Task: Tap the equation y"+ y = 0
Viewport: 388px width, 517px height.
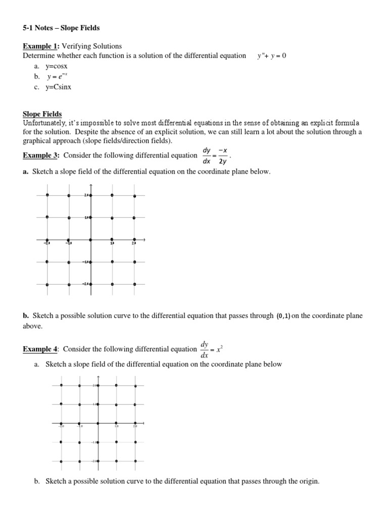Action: [271, 56]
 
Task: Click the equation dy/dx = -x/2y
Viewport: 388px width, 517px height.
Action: [215, 156]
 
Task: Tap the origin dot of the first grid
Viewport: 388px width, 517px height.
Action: [90, 240]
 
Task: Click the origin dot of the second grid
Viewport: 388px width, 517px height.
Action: [98, 423]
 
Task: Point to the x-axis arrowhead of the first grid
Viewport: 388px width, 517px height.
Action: [144, 240]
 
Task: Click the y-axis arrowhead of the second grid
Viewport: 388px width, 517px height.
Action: [98, 377]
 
